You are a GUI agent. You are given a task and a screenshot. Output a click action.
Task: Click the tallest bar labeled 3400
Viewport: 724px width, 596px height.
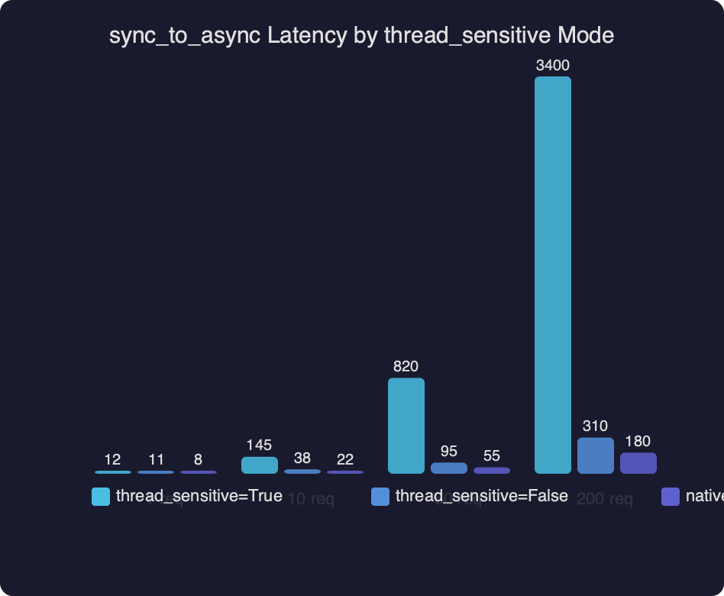(552, 275)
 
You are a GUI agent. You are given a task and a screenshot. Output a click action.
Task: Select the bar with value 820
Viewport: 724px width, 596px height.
(406, 426)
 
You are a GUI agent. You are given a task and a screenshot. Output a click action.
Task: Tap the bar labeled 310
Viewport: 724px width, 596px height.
(595, 455)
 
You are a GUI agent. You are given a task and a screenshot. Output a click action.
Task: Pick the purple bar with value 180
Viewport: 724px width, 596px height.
(638, 463)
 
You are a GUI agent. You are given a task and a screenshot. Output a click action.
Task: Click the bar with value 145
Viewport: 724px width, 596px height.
(259, 465)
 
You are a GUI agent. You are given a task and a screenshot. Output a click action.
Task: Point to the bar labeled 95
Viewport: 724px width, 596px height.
(448, 468)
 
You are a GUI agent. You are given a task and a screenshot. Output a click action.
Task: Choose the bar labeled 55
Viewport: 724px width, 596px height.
(491, 470)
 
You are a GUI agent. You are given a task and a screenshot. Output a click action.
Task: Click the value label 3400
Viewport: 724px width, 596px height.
(552, 66)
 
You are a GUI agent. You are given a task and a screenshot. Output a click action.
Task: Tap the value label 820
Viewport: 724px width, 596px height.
(406, 367)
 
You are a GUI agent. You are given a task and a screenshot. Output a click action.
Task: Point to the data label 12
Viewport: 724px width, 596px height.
(112, 460)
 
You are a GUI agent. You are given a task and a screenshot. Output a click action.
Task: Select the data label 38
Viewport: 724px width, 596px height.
(302, 458)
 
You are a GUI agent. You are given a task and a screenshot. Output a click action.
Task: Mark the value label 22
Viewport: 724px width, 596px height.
(344, 460)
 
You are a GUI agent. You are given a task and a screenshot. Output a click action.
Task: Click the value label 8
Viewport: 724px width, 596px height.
(198, 460)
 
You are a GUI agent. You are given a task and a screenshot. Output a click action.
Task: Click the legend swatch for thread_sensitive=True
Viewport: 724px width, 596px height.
(101, 497)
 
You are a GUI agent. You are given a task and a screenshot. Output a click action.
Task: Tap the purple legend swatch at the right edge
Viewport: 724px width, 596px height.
(670, 497)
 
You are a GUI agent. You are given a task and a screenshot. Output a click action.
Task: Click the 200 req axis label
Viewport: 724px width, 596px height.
(604, 500)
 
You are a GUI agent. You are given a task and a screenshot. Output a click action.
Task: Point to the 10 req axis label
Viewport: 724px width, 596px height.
(310, 500)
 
